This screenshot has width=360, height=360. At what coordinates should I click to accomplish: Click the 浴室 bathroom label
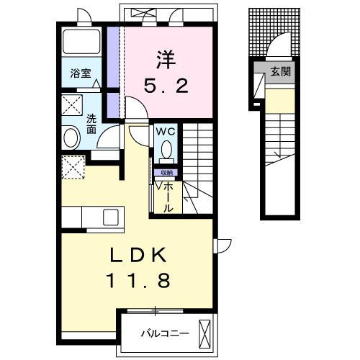(x=81, y=73)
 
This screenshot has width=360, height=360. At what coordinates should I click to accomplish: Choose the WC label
(x=164, y=131)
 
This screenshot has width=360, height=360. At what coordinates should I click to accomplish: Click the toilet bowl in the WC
(x=165, y=150)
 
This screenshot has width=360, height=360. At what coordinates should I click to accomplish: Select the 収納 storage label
(x=166, y=173)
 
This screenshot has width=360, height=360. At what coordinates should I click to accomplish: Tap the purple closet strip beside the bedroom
(x=112, y=72)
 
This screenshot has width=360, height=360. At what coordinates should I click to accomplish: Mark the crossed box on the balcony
(x=206, y=334)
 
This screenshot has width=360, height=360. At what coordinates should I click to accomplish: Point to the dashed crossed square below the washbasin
(x=72, y=167)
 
